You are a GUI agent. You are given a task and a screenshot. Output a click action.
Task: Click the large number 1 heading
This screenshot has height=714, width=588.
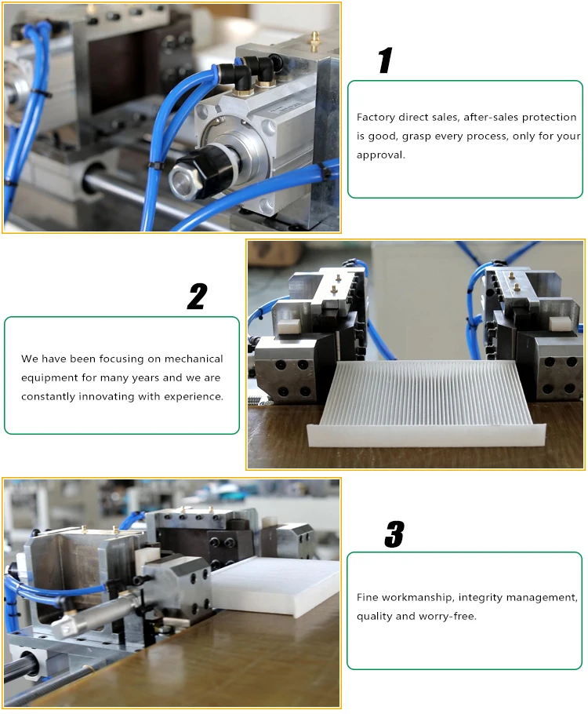[384, 61]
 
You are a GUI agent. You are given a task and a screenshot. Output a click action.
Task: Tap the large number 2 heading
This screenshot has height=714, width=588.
[197, 297]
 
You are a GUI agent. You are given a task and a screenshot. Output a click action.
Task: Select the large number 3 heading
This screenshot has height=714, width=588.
[394, 535]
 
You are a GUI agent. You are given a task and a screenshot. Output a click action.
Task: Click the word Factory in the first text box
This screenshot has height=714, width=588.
[376, 117]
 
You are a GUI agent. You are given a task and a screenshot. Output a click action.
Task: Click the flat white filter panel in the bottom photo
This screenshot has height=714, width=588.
[274, 584]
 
